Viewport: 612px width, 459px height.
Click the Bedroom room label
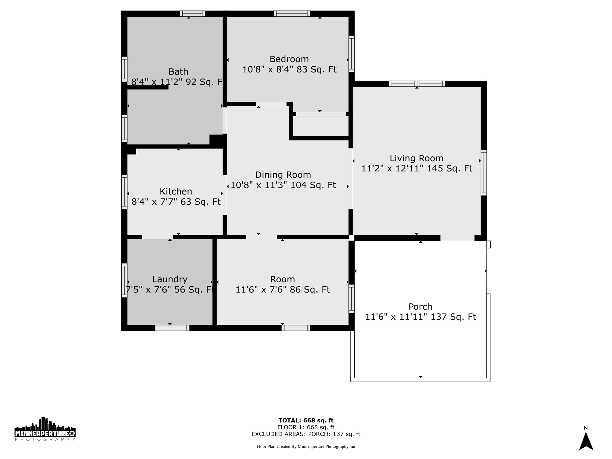289,59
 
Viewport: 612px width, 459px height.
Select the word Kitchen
176,192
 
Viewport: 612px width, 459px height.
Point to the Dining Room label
283,175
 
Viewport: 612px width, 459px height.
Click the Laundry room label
170,279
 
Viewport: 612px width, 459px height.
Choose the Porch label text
420,307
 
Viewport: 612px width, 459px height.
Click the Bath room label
178,72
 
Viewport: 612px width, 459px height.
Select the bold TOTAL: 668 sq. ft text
306,420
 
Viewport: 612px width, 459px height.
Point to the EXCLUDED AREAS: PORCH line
306,434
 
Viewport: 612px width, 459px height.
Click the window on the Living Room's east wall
484,173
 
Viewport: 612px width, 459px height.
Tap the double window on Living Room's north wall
417,84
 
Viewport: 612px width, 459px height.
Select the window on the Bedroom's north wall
292,14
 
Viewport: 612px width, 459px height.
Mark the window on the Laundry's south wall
172,328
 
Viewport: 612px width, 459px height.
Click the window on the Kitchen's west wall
124,192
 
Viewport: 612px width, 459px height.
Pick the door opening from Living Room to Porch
457,238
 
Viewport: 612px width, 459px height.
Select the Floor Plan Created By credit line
306,446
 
